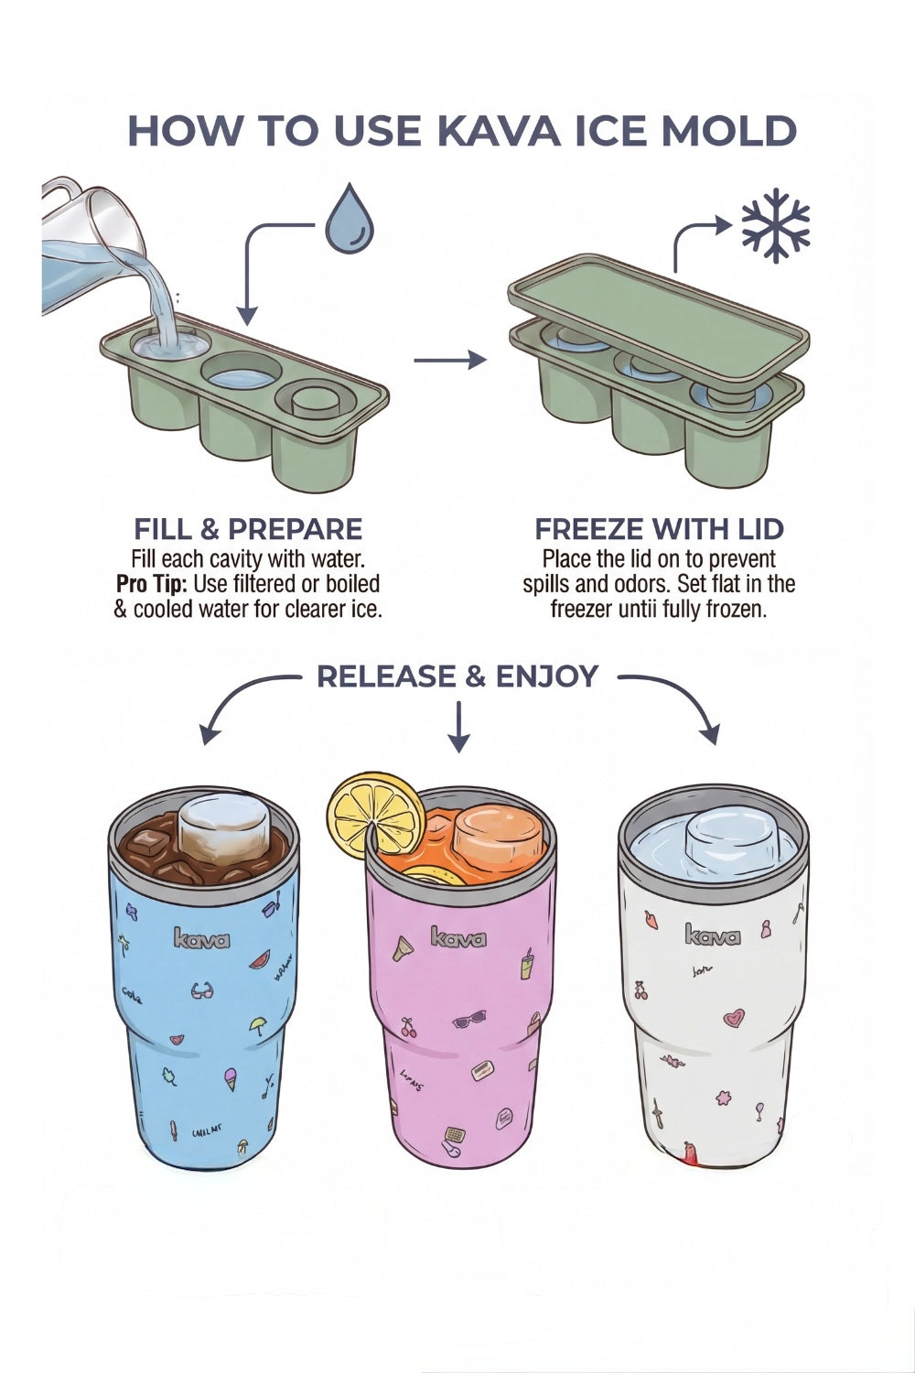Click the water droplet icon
tap(350, 220)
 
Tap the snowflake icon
tap(776, 225)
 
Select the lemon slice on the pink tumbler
tap(377, 815)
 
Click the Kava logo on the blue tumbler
tap(201, 939)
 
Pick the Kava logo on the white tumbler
tap(713, 935)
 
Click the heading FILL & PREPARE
tap(248, 529)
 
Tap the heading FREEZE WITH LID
tap(659, 529)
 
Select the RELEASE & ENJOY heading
tap(457, 676)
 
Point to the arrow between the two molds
tap(449, 360)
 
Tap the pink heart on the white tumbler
tap(733, 1017)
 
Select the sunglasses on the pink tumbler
tap(469, 1019)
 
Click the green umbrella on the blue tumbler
tap(257, 1025)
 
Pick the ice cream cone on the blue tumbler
tap(231, 1081)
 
